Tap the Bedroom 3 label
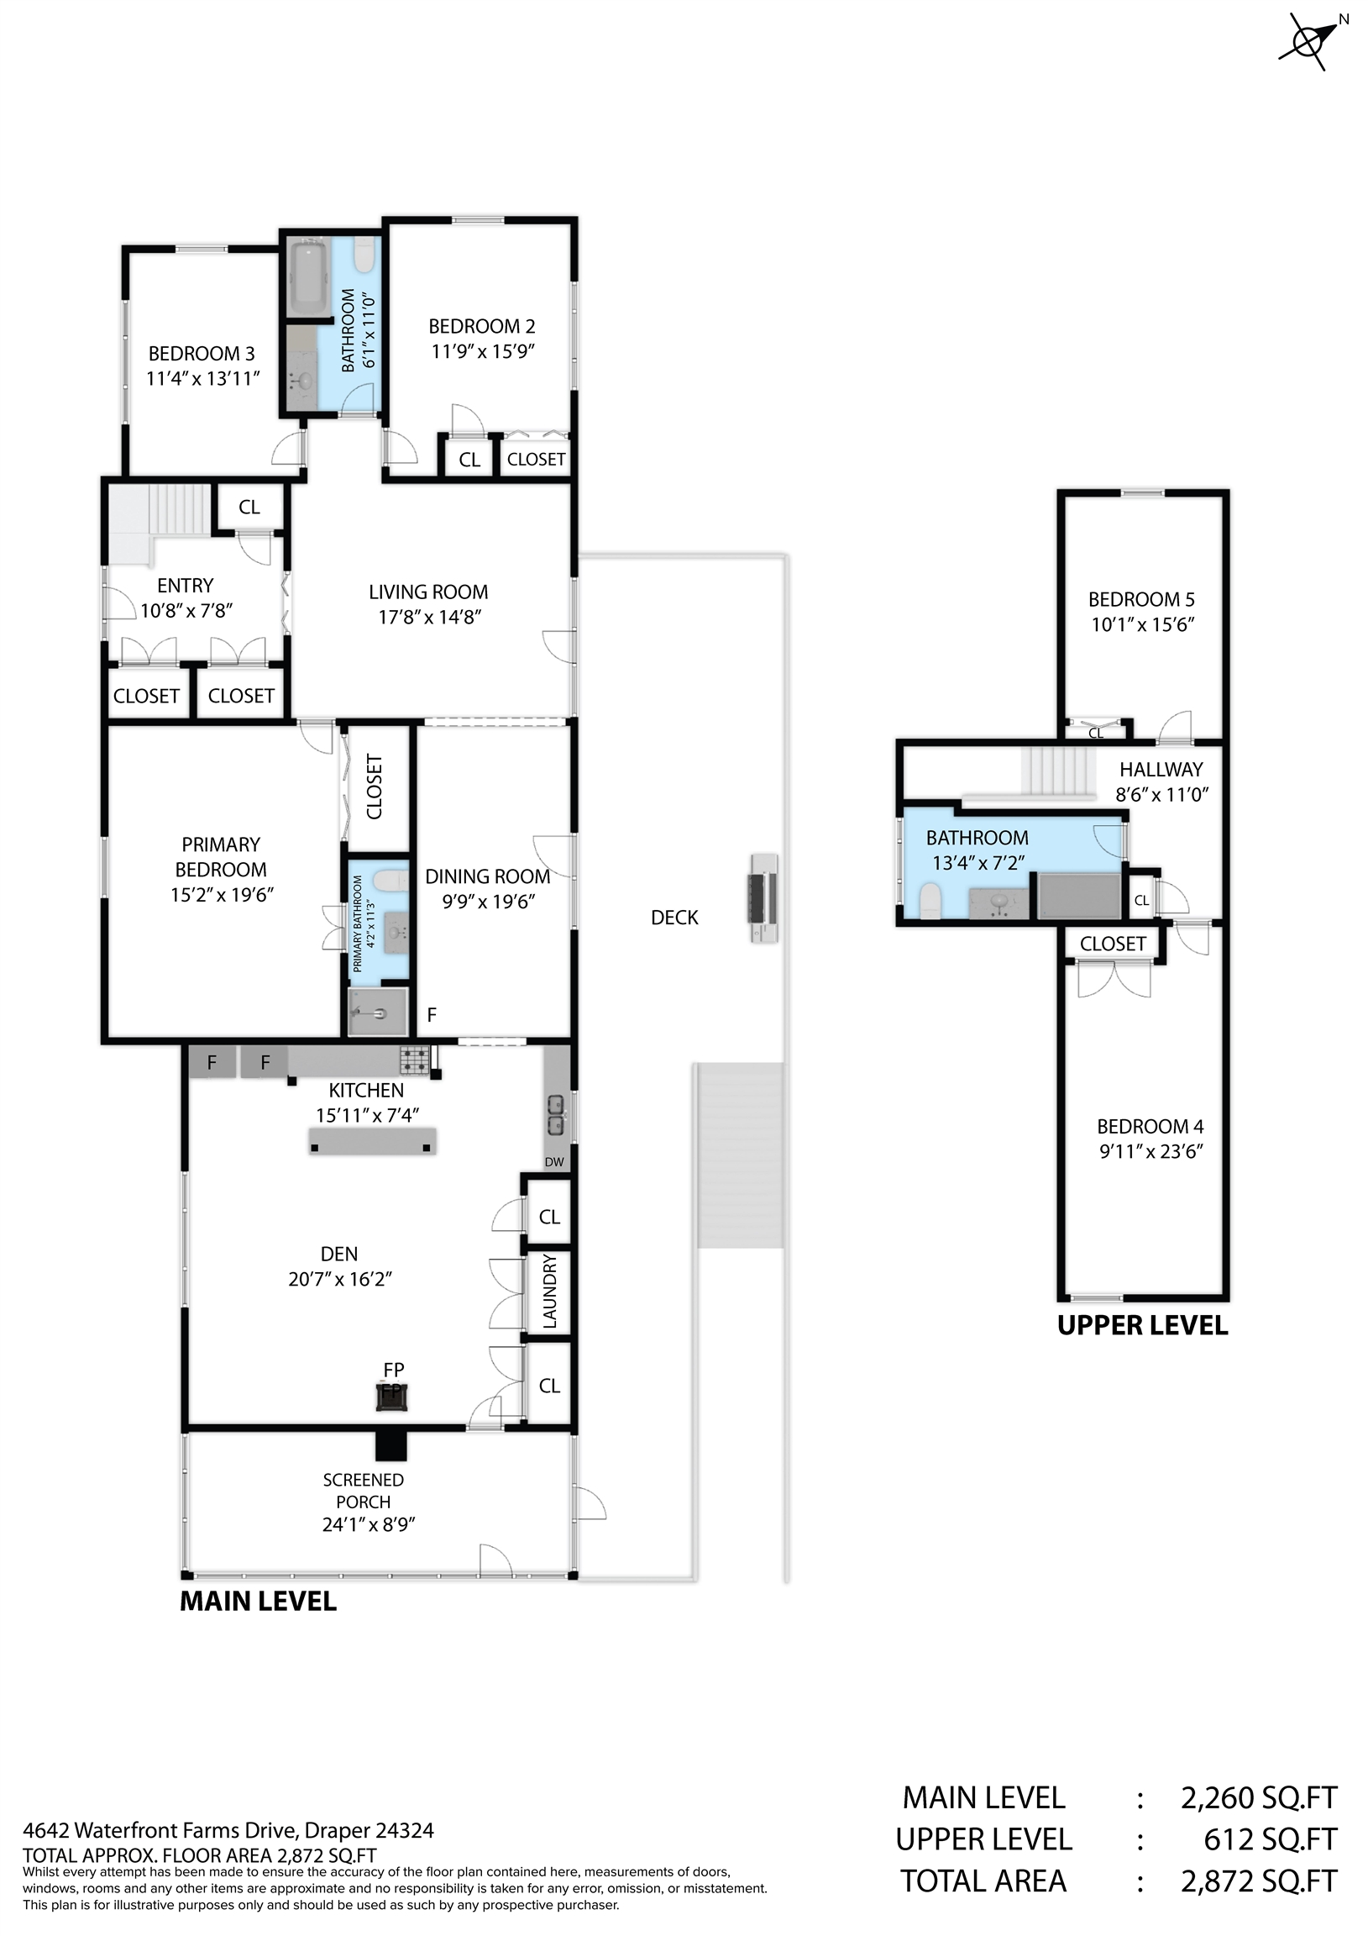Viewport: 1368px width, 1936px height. point(202,353)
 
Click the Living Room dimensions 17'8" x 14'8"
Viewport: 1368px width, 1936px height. point(429,618)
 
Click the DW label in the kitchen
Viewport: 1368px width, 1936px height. point(553,1162)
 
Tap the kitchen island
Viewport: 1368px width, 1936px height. point(372,1140)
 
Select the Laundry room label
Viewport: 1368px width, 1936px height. point(549,1291)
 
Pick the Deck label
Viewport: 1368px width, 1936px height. point(674,918)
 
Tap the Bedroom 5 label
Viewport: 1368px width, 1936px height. point(1141,599)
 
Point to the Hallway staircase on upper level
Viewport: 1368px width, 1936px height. point(1059,771)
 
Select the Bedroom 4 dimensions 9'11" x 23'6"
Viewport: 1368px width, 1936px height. point(1150,1152)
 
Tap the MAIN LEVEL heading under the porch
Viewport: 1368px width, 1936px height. point(258,1602)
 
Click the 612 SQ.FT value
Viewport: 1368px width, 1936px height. point(1270,1839)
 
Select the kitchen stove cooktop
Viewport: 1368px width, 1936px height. point(415,1059)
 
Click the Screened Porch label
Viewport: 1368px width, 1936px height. point(364,1491)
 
